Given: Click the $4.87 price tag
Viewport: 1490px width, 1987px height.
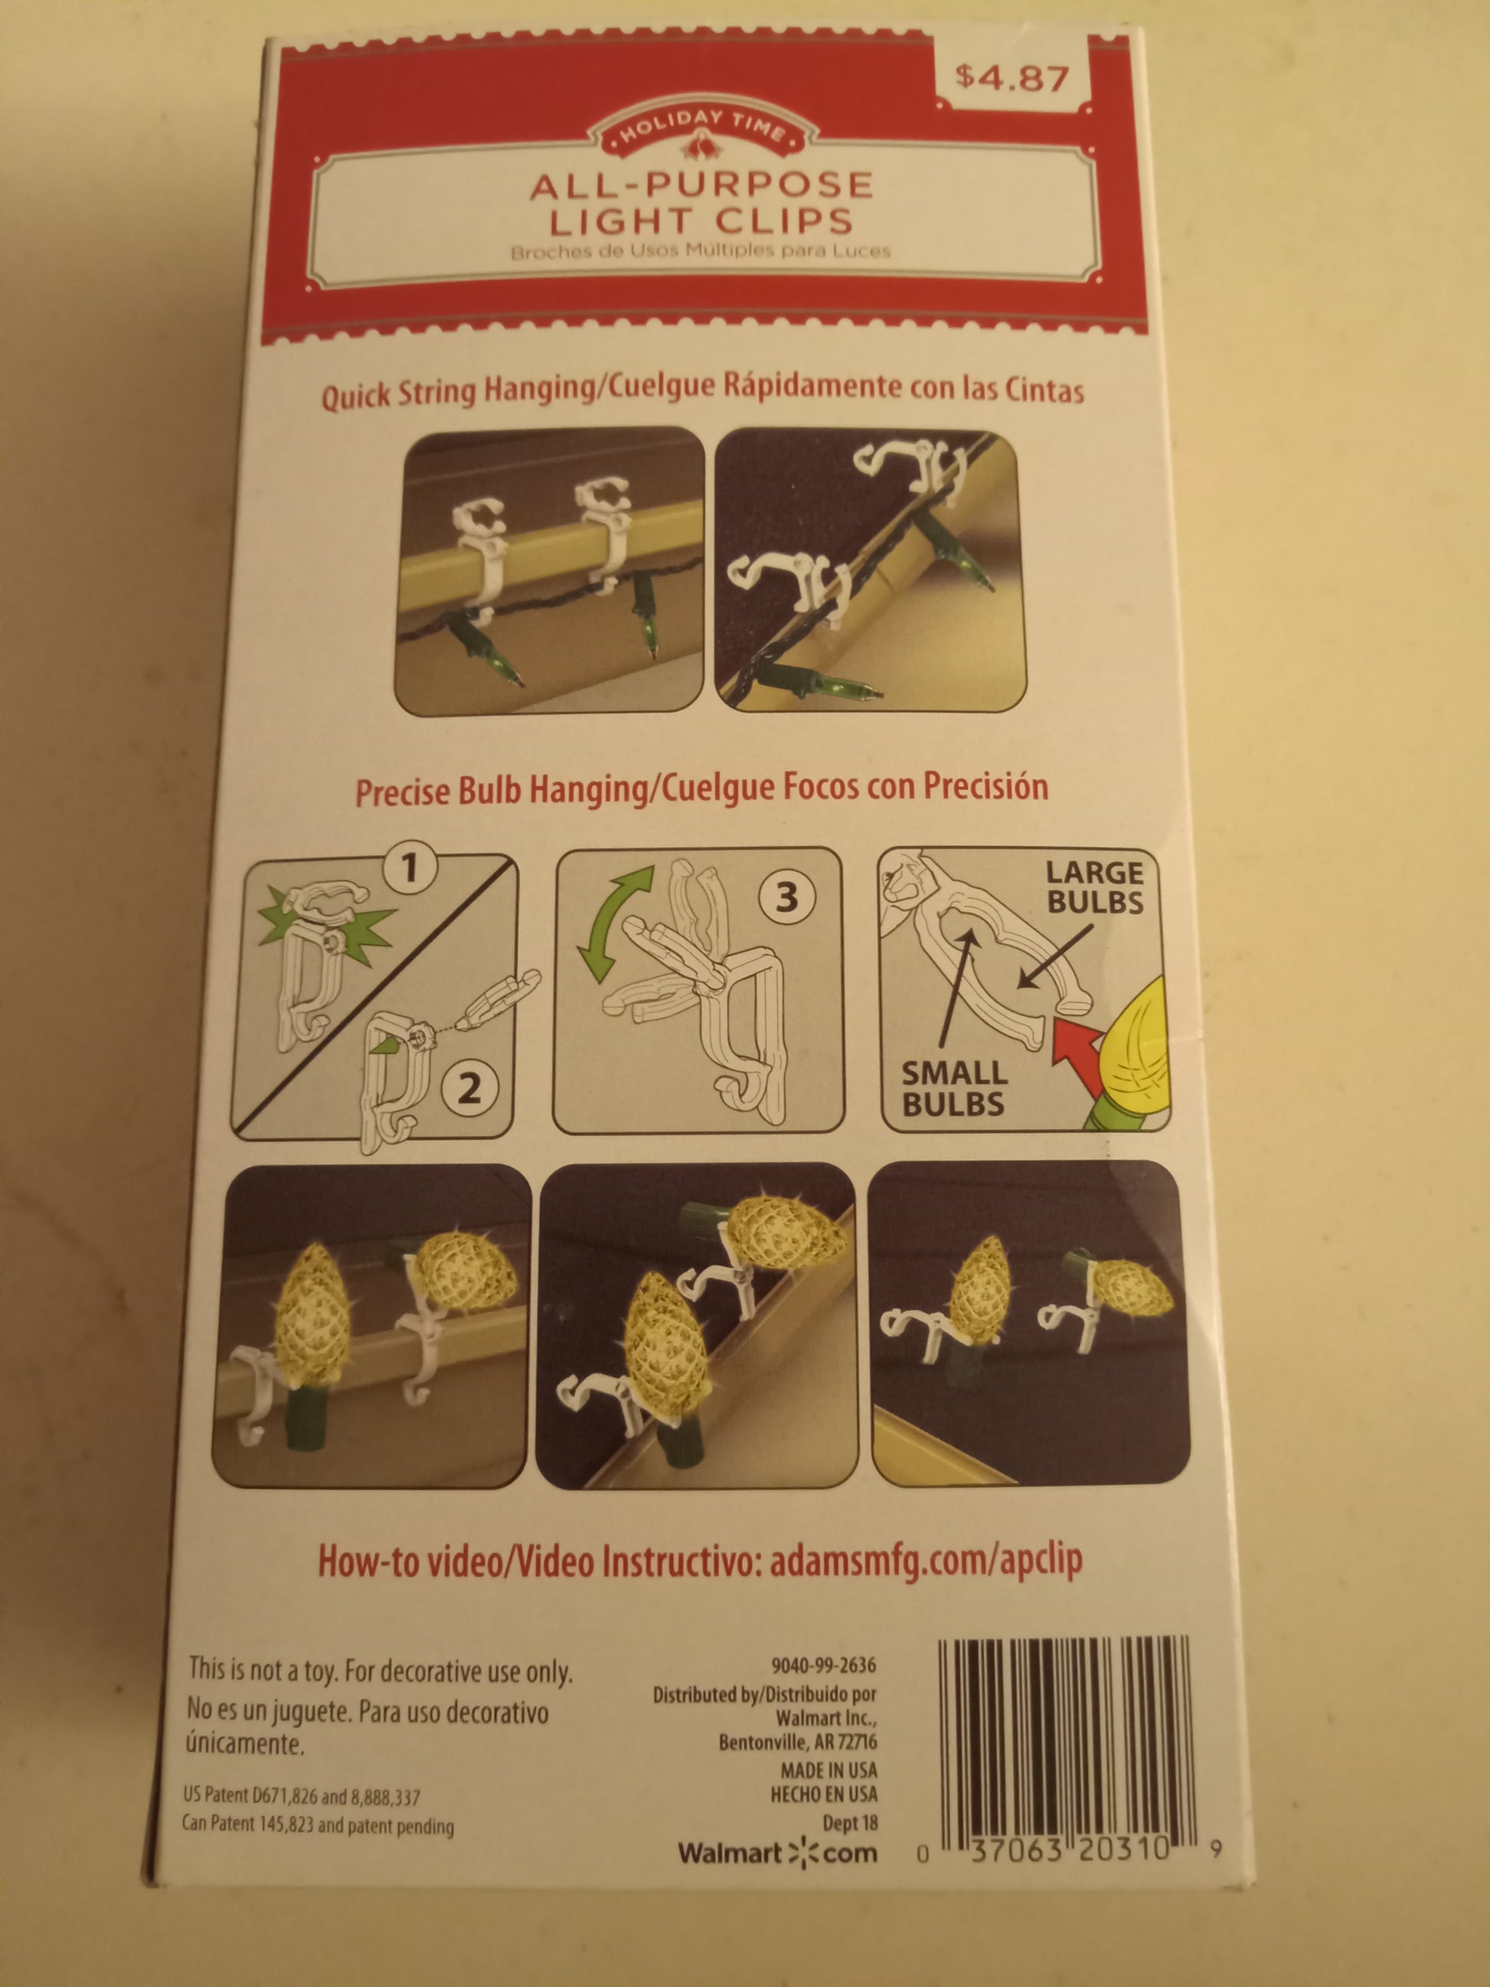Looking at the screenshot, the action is [1012, 79].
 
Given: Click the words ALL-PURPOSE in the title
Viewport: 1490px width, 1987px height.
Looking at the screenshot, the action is [701, 185].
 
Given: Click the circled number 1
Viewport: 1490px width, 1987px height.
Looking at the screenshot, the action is [411, 868].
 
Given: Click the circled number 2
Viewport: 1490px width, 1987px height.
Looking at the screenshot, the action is [469, 1089].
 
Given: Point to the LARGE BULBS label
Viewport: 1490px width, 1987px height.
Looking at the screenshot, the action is [1095, 887].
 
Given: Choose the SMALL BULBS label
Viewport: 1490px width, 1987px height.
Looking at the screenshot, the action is [954, 1089].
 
